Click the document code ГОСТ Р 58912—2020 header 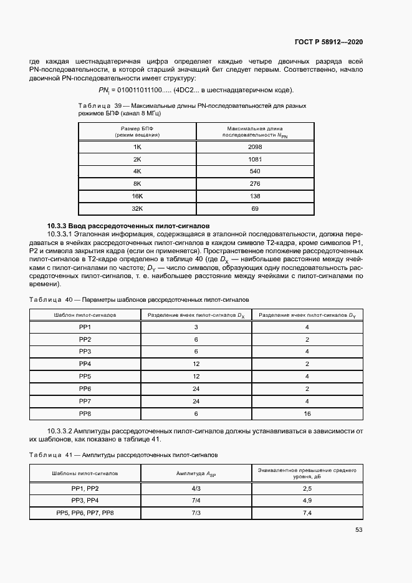328,42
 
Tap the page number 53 358,530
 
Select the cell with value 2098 254,147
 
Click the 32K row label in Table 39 137,209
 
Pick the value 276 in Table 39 254,184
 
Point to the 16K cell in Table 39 137,196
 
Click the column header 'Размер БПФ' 137,127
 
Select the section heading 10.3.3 128,225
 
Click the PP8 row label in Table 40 85,413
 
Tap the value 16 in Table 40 307,413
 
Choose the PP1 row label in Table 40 85,327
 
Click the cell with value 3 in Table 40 196,327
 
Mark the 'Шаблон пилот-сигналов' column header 85,316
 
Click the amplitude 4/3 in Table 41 196,488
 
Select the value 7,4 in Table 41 307,513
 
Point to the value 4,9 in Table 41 307,501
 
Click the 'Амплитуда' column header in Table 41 196,473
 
